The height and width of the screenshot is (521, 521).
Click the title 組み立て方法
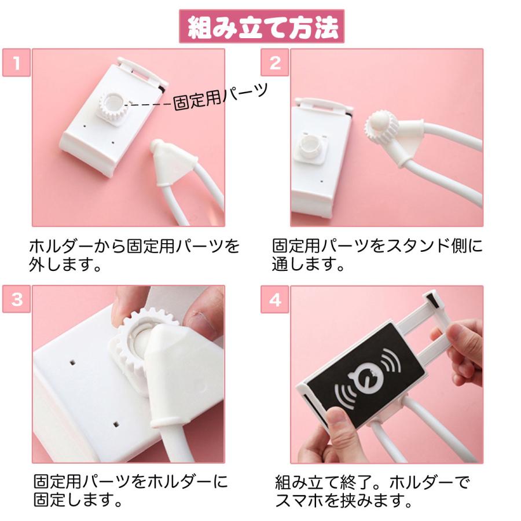[260, 26]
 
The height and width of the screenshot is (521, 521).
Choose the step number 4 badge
[275, 299]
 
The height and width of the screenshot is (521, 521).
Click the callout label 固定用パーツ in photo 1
[221, 96]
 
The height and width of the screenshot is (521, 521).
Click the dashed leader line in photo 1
[149, 105]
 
